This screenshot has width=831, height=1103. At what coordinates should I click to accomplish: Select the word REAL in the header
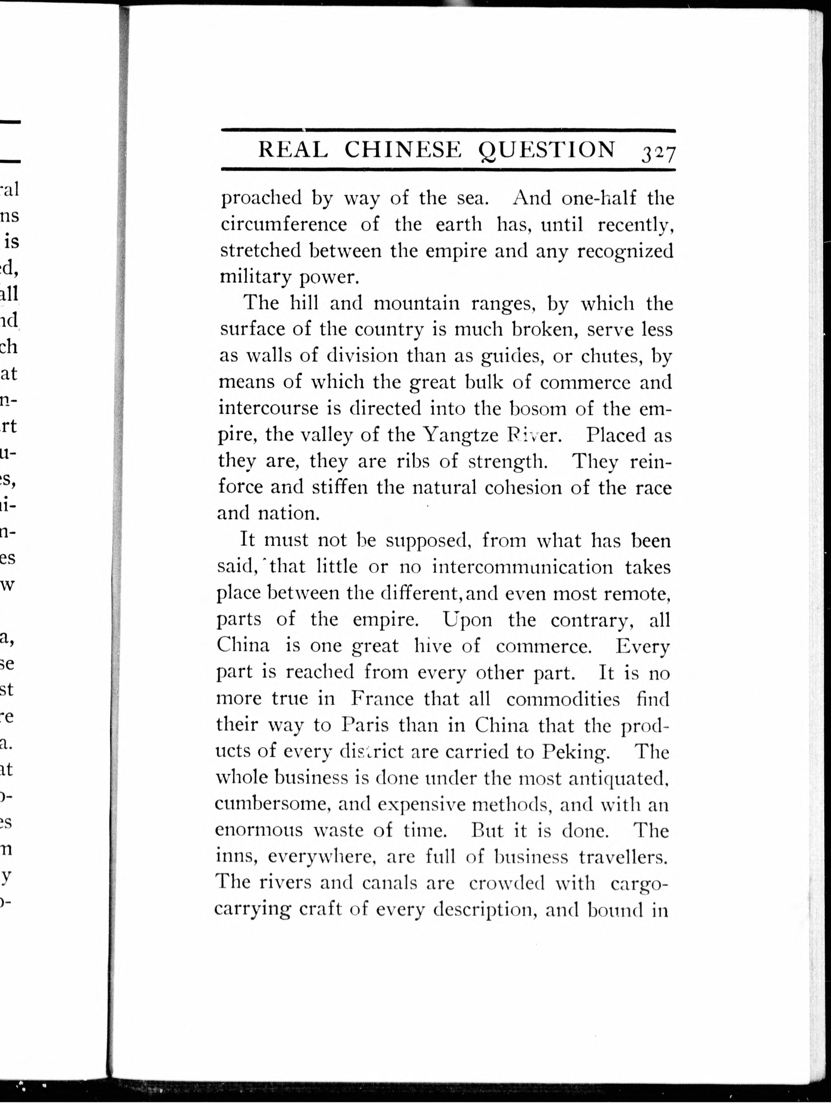point(293,150)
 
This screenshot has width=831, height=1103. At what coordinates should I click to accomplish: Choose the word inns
point(234,857)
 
